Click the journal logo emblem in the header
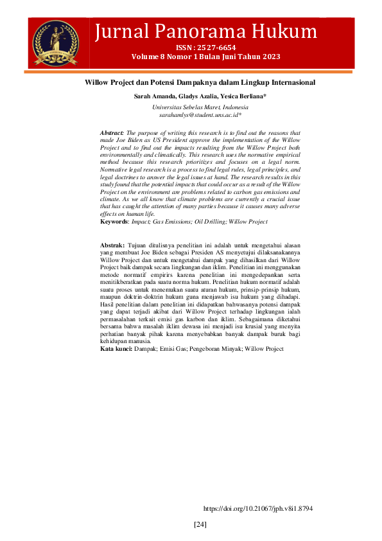tap(54, 43)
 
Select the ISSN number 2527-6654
tap(219, 48)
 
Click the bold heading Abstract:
tap(113, 132)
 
